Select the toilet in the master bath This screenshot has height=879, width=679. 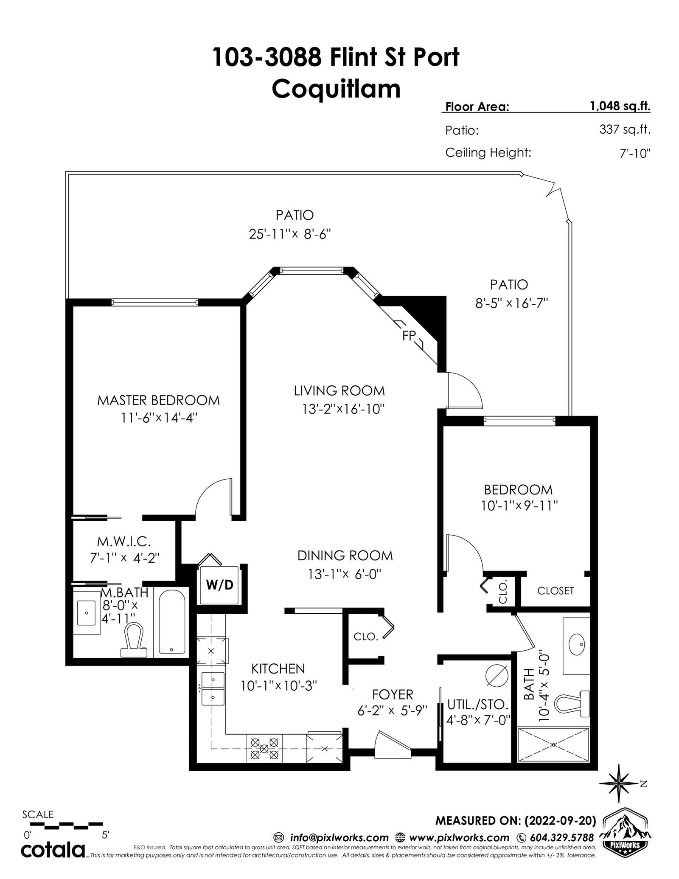133,640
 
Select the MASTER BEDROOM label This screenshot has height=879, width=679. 158,400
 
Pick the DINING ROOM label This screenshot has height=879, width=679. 345,556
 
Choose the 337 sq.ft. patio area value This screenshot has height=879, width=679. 625,129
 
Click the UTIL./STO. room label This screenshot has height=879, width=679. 478,705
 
